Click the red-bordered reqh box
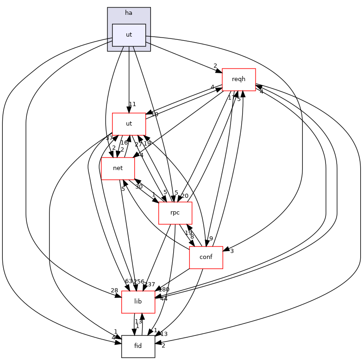(239, 79)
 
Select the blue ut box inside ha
(129, 35)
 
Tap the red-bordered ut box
(129, 124)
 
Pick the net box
(118, 168)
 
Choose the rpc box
(175, 213)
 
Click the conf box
(206, 257)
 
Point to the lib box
(138, 302)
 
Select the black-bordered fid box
(138, 346)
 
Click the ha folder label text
(129, 13)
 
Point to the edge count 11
(132, 104)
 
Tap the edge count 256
(139, 282)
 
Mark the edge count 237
(150, 284)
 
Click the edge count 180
(164, 290)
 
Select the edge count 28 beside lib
(114, 291)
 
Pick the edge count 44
(163, 299)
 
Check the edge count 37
(109, 138)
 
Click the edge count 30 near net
(138, 187)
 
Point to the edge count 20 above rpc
(185, 196)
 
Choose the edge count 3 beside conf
(232, 251)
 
